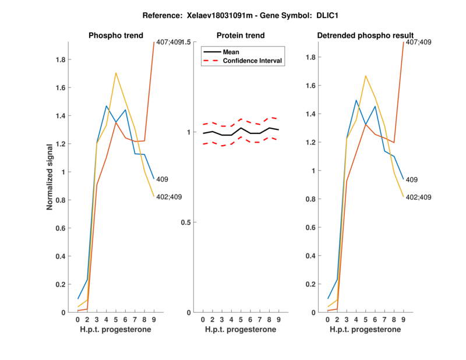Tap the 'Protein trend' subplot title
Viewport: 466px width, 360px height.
coord(241,36)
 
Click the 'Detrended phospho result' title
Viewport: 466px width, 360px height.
coord(365,36)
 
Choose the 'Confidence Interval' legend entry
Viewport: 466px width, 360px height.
coord(253,61)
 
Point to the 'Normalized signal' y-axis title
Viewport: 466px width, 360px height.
coord(51,177)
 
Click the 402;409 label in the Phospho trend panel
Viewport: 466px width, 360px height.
coord(170,197)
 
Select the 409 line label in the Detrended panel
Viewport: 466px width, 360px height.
coord(412,180)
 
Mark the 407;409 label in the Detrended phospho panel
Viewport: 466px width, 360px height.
coord(418,43)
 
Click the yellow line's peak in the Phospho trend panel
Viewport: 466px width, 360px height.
coord(116,73)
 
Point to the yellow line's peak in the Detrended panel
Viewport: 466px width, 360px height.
coord(365,76)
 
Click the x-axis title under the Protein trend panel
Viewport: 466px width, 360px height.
coord(241,330)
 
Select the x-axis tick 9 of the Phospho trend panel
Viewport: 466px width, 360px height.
coord(154,319)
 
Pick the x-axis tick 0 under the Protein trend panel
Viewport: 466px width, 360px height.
coord(203,319)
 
